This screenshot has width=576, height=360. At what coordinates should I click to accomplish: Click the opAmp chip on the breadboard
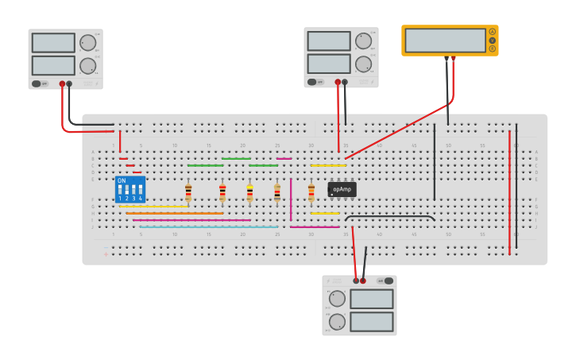342,189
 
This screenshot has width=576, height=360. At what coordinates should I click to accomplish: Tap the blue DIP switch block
130,189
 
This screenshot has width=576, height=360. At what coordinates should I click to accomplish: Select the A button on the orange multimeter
492,32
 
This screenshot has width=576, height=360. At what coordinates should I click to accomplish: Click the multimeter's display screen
445,41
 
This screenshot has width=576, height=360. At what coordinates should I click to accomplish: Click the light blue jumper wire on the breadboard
208,226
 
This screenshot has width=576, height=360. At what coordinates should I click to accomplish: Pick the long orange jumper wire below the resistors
175,213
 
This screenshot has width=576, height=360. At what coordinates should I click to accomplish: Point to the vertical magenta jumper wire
291,199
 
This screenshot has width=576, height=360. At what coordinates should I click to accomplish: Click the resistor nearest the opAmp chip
311,192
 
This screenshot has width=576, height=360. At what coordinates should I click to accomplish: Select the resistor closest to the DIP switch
188,192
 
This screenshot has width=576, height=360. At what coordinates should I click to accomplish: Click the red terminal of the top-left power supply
61,83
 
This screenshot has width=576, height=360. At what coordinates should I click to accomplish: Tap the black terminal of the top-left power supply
69,83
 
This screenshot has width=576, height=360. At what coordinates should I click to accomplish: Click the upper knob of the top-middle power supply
363,41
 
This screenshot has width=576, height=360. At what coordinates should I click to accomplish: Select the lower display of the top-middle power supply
328,64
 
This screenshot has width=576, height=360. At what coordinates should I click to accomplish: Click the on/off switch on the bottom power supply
386,281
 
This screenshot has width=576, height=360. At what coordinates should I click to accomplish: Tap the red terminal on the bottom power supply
363,281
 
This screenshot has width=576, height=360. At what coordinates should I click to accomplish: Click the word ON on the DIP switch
122,180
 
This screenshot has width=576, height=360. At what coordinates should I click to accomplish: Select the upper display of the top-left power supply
53,43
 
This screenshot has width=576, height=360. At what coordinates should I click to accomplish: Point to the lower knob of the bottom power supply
337,322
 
